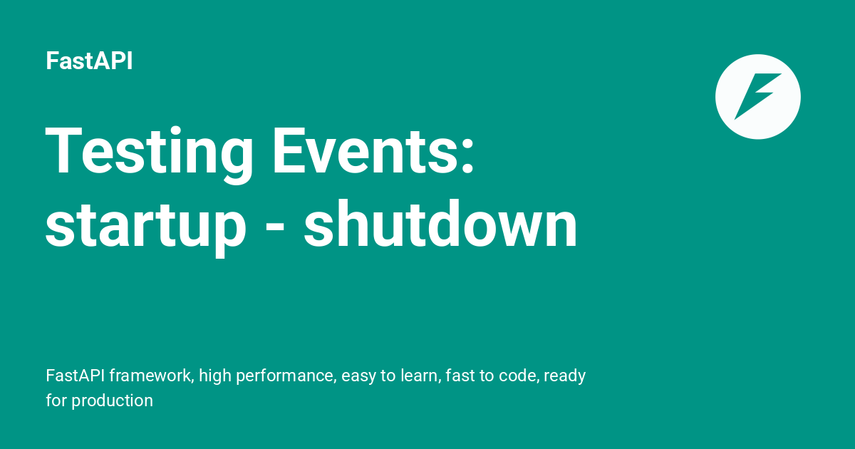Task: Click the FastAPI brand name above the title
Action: pos(89,61)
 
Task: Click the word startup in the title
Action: pos(146,227)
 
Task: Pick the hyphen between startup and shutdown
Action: pos(275,227)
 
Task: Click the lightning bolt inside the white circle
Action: pos(757,96)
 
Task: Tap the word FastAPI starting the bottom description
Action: pos(76,376)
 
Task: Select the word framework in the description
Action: pos(152,376)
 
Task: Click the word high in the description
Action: pos(215,376)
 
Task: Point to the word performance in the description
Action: pos(286,377)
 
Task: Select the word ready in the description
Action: pos(564,377)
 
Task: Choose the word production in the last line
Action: pos(113,401)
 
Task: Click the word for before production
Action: pos(56,401)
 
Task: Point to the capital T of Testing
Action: pos(64,150)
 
